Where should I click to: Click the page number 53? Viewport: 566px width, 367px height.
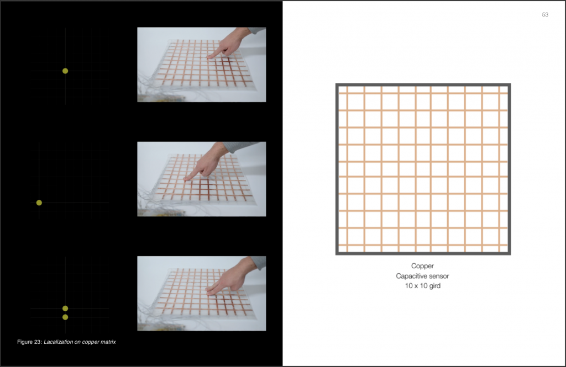tap(545, 14)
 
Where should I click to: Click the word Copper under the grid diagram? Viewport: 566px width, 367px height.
tap(422, 266)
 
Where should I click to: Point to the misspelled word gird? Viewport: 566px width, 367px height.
tap(435, 286)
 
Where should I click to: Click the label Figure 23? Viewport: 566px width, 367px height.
tap(30, 342)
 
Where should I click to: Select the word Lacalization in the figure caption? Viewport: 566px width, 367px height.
tap(58, 342)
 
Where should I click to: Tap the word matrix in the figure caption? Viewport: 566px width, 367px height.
tap(108, 342)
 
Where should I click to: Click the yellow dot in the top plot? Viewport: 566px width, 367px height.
tap(65, 71)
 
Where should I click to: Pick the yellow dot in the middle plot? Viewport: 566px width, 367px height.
tap(39, 203)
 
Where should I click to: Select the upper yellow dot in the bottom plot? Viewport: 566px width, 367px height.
tap(65, 309)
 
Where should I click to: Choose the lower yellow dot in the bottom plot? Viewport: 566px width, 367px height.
tap(65, 317)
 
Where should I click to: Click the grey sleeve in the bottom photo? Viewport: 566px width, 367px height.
tap(260, 263)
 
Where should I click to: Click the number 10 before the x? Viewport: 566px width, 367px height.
tap(408, 286)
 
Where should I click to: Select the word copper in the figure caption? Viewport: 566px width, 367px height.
tap(91, 342)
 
